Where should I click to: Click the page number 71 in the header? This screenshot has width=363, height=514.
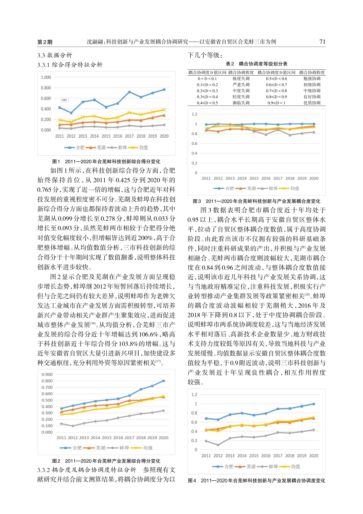(x=322, y=42)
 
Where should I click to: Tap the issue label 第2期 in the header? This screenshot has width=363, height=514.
(x=45, y=42)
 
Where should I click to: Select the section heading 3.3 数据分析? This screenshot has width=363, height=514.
(x=55, y=55)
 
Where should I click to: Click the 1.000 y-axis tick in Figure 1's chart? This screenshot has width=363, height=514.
(x=46, y=77)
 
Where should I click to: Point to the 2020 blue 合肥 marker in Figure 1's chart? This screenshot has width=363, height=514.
(x=164, y=89)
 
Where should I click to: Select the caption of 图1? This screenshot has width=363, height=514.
(x=106, y=161)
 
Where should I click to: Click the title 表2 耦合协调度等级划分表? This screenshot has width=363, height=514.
(x=256, y=64)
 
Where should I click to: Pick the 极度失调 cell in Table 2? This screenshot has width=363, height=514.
(x=241, y=78)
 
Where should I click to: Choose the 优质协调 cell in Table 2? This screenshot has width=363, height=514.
(x=312, y=103)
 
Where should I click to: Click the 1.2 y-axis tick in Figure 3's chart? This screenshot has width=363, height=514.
(x=194, y=114)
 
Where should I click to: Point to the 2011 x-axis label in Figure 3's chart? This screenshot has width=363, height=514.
(x=206, y=179)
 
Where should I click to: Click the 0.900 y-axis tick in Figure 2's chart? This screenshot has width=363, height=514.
(x=47, y=374)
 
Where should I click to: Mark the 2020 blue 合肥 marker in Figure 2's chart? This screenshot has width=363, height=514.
(x=164, y=381)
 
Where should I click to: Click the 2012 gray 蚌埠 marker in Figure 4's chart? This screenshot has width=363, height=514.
(x=218, y=445)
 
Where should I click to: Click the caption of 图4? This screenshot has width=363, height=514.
(x=256, y=481)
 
